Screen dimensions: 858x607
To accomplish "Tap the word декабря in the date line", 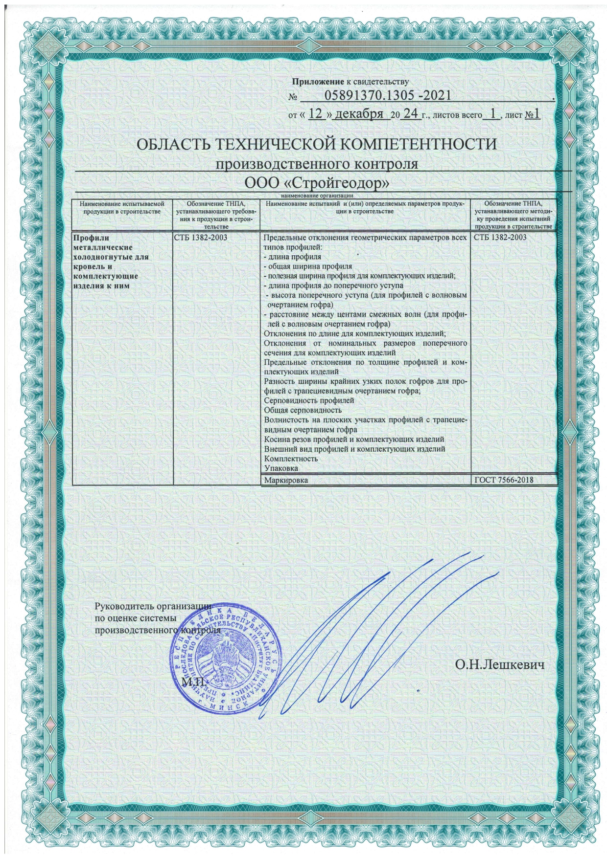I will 359,114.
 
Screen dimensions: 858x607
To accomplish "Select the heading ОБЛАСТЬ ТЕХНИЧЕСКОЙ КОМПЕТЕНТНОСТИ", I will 316,145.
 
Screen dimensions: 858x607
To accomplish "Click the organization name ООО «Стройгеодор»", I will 317,182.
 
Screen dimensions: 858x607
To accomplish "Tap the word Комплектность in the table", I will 291,459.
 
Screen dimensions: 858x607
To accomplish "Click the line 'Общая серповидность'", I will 303,410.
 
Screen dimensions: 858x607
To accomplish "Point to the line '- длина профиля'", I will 292,257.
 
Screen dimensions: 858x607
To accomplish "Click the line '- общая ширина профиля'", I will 308,267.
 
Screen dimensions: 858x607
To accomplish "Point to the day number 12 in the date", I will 318,114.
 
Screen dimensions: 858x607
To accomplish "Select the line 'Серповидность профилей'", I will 308,400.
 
